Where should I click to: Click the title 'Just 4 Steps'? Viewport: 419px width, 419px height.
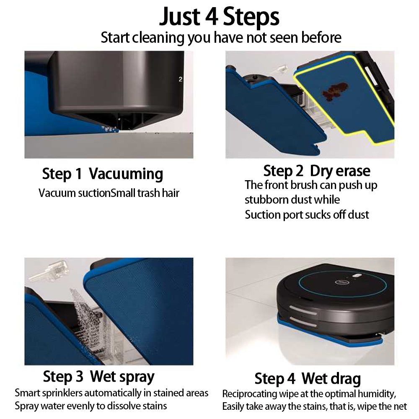219,17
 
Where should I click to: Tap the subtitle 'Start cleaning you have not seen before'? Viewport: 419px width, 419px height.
221,37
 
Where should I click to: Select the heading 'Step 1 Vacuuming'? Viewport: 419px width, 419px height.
103,174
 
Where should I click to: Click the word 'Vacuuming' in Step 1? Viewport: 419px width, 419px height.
126,174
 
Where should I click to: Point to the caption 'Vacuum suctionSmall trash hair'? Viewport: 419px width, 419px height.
109,193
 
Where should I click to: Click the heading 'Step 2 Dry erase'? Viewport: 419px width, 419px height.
317,171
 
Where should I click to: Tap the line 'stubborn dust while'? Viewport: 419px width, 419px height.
292,199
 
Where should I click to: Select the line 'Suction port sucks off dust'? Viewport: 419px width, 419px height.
307,215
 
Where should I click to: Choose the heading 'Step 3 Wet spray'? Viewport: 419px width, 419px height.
98,377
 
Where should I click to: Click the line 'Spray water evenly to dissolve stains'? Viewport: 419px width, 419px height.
91,406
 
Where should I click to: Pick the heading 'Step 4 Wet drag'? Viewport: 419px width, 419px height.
308,379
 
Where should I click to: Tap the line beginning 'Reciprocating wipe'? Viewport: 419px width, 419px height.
309,394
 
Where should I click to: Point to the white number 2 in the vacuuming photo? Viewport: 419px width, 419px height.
180,79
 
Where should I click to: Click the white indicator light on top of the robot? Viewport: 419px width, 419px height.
357,276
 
